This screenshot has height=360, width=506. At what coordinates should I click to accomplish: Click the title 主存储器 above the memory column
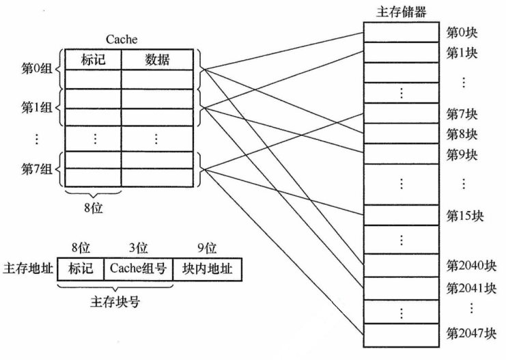tap(401, 12)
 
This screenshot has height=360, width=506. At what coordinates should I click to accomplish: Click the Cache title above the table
tap(122, 40)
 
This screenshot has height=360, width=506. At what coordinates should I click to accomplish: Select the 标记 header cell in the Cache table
tap(94, 59)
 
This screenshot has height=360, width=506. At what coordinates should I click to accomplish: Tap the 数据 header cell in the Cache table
tap(158, 59)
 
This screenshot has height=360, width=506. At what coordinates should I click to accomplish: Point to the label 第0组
tap(36, 68)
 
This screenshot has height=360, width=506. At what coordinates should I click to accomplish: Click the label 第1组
tap(36, 107)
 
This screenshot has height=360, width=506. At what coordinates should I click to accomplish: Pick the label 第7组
tap(36, 169)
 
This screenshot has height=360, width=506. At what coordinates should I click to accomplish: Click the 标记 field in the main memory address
tap(81, 269)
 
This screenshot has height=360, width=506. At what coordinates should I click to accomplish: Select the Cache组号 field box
tap(139, 269)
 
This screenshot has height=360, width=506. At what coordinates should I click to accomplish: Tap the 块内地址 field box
tap(208, 269)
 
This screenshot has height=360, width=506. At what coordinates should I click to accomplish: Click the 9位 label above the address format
tap(207, 248)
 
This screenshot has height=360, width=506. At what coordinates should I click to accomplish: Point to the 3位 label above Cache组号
tap(139, 248)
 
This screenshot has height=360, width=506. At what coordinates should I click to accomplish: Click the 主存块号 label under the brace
tap(115, 302)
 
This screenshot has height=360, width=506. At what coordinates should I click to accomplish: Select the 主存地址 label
tap(28, 268)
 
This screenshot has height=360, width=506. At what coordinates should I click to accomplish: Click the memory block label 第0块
tap(462, 32)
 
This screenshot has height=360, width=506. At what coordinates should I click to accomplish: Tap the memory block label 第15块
tap(465, 216)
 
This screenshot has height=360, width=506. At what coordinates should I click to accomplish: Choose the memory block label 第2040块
tap(471, 266)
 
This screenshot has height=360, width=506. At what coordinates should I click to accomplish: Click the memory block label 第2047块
tap(471, 333)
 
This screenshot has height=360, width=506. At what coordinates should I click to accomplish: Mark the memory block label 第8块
tap(462, 134)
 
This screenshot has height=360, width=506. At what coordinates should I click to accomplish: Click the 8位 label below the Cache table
tap(94, 208)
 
